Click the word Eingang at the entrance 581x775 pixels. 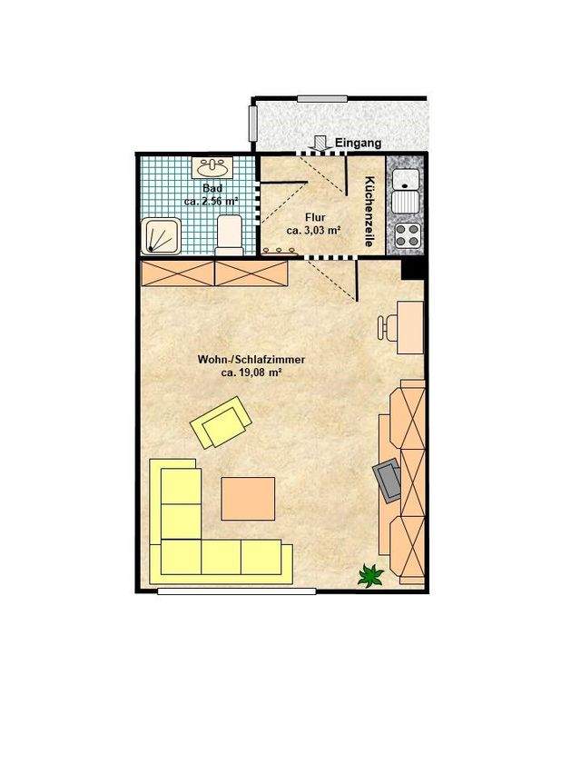(359, 143)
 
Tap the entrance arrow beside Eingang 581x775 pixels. (320, 142)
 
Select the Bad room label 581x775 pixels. (212, 188)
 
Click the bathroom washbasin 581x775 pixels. (212, 168)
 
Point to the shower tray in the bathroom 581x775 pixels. (161, 237)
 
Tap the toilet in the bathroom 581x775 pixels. (230, 234)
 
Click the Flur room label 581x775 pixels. (315, 217)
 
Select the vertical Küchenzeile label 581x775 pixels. (369, 212)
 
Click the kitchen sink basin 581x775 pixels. (405, 179)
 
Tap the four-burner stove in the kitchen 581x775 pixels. (407, 235)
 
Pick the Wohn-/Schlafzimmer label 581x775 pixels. (251, 360)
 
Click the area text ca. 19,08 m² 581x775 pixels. (251, 373)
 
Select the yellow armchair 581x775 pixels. (221, 422)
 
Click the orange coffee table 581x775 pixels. (248, 499)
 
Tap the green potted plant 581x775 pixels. (370, 575)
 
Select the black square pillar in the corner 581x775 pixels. (412, 269)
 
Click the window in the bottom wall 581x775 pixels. (237, 591)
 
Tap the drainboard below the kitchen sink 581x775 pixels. (406, 202)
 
